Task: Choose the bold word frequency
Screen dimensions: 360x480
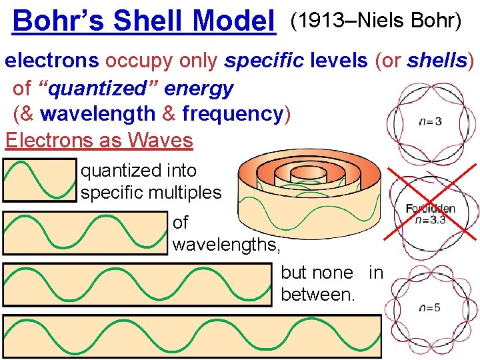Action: (233, 114)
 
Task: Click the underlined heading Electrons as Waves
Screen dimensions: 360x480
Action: (99, 140)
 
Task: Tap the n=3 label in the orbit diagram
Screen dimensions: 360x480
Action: (430, 121)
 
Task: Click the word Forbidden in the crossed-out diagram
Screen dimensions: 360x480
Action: (430, 209)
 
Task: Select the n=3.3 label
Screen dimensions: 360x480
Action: (430, 220)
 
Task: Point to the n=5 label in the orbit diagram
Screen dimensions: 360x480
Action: (430, 307)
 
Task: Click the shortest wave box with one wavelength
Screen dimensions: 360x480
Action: (40, 180)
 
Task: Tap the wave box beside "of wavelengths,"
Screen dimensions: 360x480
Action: (85, 233)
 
